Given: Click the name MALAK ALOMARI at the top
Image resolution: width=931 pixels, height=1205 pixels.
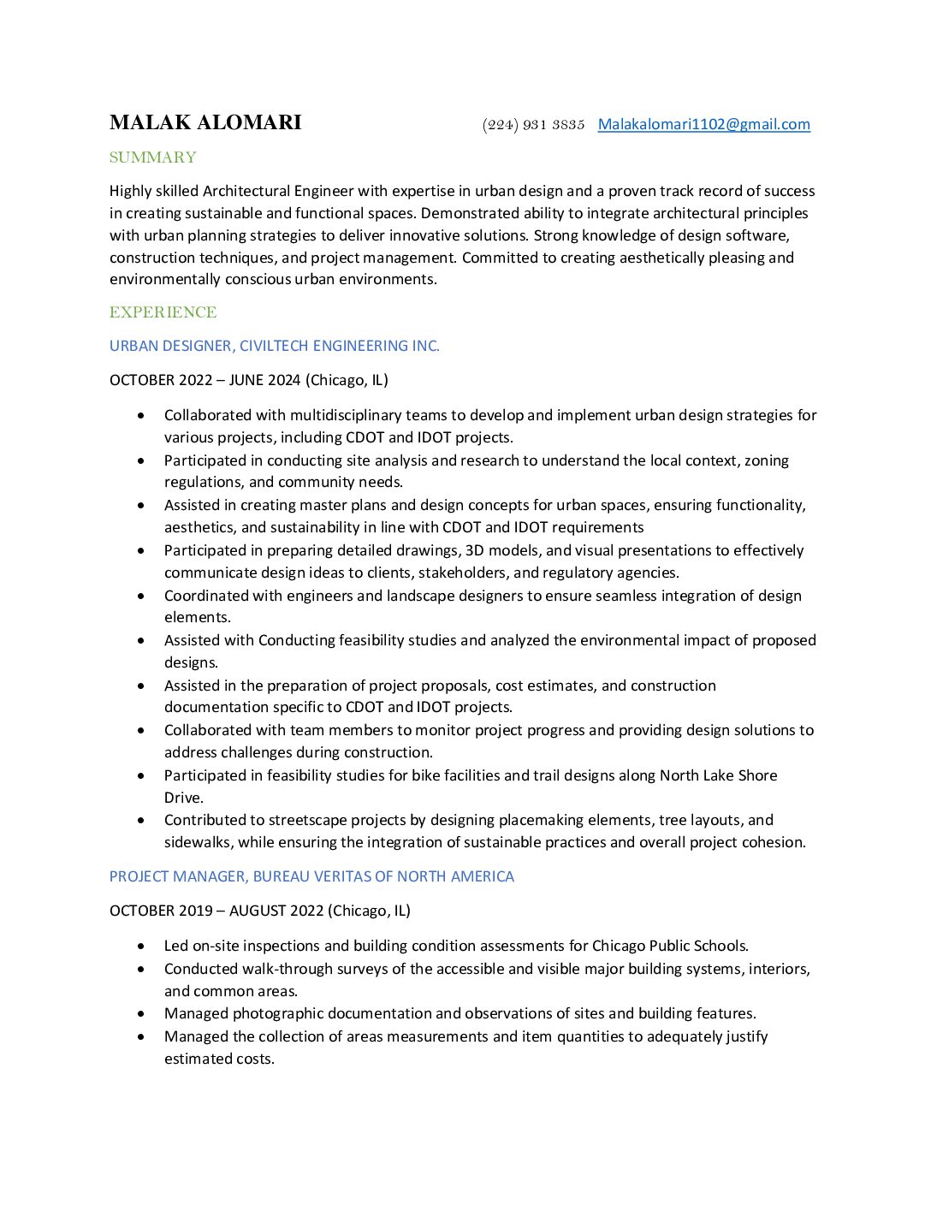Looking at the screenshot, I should pyautogui.click(x=205, y=122).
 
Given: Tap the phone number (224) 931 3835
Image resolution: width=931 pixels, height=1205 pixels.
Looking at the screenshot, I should pyautogui.click(x=533, y=125).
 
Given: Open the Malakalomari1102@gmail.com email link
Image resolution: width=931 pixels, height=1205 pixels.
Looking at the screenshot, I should pyautogui.click(x=703, y=124).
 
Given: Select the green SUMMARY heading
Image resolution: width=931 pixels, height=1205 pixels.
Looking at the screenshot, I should pyautogui.click(x=153, y=157).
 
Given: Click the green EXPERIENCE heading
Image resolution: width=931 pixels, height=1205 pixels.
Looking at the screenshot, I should pyautogui.click(x=163, y=312).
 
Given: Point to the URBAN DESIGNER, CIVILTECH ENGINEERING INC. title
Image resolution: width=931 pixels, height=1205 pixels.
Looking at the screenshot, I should pyautogui.click(x=274, y=346).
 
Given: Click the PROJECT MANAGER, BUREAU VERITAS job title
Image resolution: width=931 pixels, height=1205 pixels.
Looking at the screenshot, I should pyautogui.click(x=311, y=876).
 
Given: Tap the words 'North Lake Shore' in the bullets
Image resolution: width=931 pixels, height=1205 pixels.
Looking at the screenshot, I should pyautogui.click(x=718, y=775).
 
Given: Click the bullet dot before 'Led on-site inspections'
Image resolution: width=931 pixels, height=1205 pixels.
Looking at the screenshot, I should pyautogui.click(x=141, y=946).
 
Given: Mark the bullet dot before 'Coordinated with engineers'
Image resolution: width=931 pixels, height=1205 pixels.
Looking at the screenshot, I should pyautogui.click(x=141, y=596).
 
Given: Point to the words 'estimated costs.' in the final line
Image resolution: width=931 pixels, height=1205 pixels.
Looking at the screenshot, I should pyautogui.click(x=219, y=1059).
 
